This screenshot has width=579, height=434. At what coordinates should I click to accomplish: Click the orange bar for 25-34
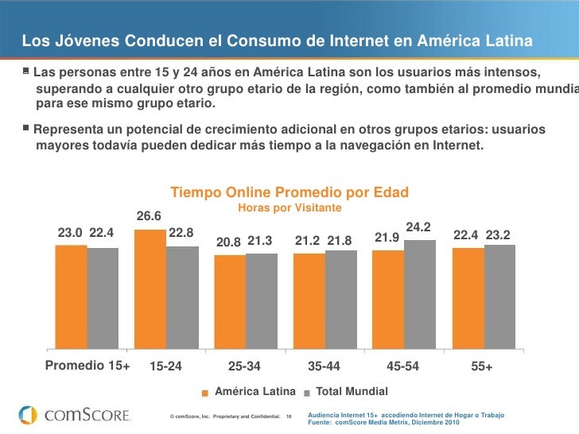(x=230, y=302)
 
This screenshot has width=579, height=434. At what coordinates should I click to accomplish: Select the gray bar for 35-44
(x=340, y=300)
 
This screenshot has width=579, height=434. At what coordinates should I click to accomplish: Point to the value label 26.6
(x=149, y=216)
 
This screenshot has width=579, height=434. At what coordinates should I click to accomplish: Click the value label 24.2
(x=418, y=227)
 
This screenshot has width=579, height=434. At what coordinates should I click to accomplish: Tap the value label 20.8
(x=228, y=241)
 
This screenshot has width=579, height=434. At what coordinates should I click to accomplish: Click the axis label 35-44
(x=324, y=367)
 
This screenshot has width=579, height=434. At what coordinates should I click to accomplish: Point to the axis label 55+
(x=482, y=367)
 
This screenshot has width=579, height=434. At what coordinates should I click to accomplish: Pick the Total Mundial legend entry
(x=352, y=392)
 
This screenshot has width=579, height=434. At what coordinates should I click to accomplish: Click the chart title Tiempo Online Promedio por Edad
(x=289, y=192)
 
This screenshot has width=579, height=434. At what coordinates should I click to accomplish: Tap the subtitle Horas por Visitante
(x=289, y=207)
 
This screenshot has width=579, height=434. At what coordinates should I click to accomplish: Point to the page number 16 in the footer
(x=289, y=417)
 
